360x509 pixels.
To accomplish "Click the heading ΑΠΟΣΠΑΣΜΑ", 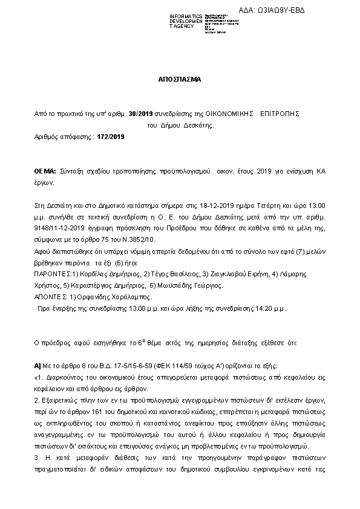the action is pos(180,79).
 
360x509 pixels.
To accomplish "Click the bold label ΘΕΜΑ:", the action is pos(45,172).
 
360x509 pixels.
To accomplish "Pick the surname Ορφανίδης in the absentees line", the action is pos(90,297).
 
